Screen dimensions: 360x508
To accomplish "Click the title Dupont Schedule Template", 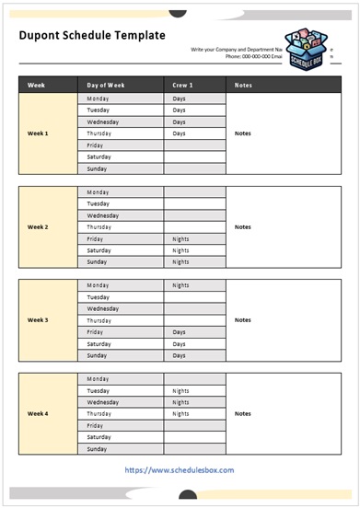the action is [92, 35].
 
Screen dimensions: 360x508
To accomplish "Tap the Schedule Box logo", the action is [308, 47].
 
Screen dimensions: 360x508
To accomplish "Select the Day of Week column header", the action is [106, 86].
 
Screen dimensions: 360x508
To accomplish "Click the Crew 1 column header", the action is [182, 86].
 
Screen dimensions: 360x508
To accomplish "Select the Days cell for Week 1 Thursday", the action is [179, 133].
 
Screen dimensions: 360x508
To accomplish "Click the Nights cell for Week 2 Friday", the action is [180, 238].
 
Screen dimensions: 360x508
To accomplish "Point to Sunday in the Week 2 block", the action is [97, 261].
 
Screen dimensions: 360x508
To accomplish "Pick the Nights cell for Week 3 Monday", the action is [180, 285].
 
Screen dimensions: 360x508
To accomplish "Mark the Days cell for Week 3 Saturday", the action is [179, 343].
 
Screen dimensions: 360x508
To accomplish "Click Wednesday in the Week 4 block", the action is [102, 402].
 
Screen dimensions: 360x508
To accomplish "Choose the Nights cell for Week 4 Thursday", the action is [180, 413].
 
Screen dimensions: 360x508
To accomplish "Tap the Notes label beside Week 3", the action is [242, 320].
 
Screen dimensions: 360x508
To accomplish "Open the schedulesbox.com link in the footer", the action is [179, 470].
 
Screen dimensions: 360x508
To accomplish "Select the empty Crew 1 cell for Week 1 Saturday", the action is [194, 156].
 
